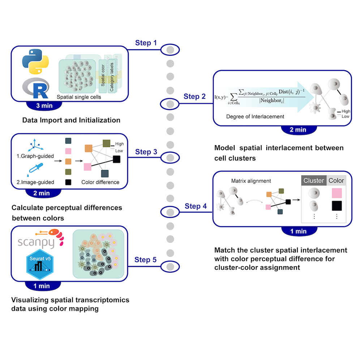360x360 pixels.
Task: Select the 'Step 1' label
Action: (x=146, y=43)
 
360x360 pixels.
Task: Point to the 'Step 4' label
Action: (x=196, y=206)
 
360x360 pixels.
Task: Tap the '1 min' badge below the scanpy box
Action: (x=41, y=286)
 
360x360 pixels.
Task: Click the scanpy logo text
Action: (x=36, y=242)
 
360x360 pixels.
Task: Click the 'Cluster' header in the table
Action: (x=313, y=180)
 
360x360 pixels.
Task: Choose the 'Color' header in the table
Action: (x=336, y=180)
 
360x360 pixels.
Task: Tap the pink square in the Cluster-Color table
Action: (x=336, y=193)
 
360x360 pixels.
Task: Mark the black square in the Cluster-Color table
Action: (x=336, y=206)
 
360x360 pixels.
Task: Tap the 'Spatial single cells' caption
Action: (x=79, y=97)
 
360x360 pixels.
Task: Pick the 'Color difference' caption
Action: (x=100, y=182)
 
